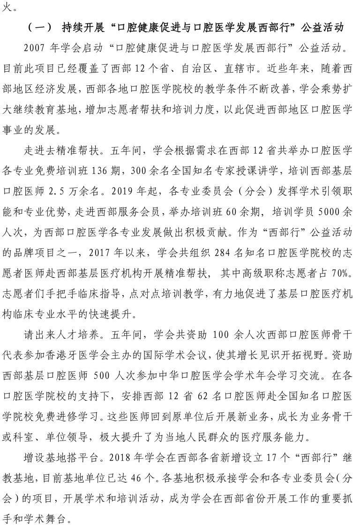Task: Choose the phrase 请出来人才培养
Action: [58, 335]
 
